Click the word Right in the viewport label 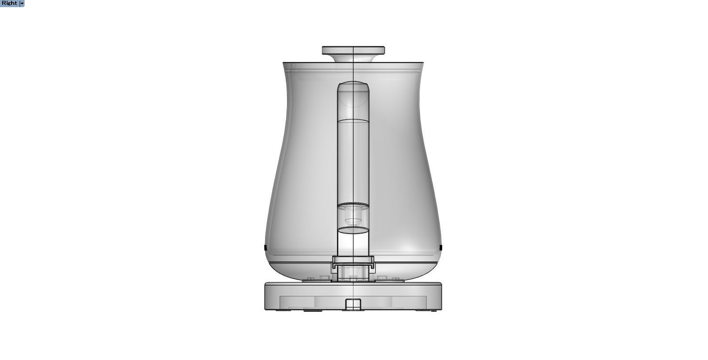[9, 3]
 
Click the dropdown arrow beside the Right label [22, 3]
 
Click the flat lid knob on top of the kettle [354, 49]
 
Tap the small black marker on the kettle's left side [265, 247]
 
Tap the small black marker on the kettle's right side [441, 247]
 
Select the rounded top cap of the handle [353, 86]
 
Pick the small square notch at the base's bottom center [353, 304]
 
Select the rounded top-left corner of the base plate [266, 284]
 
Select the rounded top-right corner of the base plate [441, 284]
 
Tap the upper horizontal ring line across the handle [353, 121]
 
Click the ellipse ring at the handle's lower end [353, 230]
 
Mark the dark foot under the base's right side [422, 310]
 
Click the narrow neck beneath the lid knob [353, 58]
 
